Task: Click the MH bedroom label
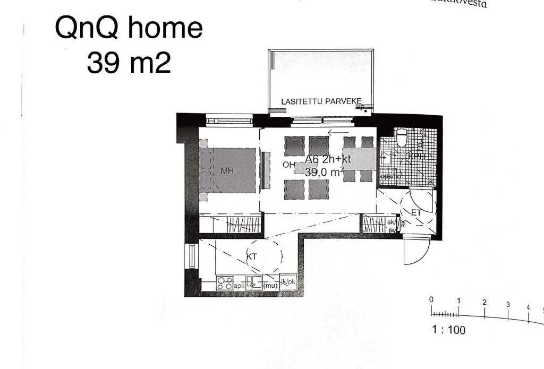pos(228,170)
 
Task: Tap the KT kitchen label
pos(252,256)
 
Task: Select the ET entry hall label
pos(416,213)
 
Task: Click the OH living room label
pos(289,165)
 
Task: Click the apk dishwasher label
pos(240,286)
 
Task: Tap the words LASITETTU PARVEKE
pos(321,101)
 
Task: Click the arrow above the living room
pos(338,133)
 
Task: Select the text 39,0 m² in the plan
pos(324,171)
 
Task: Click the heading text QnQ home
pos(129,28)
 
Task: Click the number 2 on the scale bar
pos(484,302)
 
